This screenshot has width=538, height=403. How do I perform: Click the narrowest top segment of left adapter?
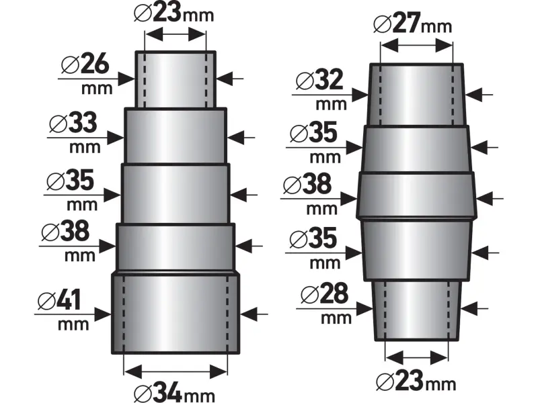click(x=176, y=79)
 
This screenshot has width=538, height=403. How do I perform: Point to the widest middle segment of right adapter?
click(x=416, y=195)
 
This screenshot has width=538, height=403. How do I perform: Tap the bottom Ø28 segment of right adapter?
click(x=416, y=309)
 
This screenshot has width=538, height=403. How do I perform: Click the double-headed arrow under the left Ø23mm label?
click(x=176, y=34)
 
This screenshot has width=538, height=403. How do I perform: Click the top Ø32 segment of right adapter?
click(x=416, y=94)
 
